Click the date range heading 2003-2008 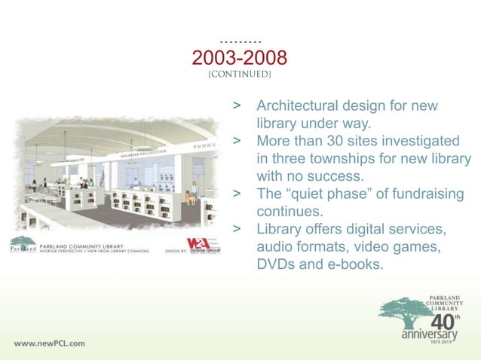point(240,58)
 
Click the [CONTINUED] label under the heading point(240,75)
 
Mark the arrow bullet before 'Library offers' point(237,229)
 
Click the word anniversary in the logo point(430,333)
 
